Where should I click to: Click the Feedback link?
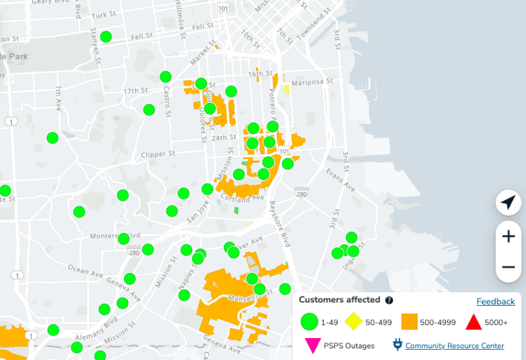[x=495, y=301]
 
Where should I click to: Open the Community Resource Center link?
[x=455, y=346]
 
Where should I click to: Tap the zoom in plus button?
[x=508, y=237]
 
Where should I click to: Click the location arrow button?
[x=508, y=203]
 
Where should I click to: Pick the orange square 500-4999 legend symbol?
[x=410, y=321]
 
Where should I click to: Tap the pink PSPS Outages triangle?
[x=312, y=345]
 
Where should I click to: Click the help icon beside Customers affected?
[x=389, y=300]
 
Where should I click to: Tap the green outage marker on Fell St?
[x=106, y=37]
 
